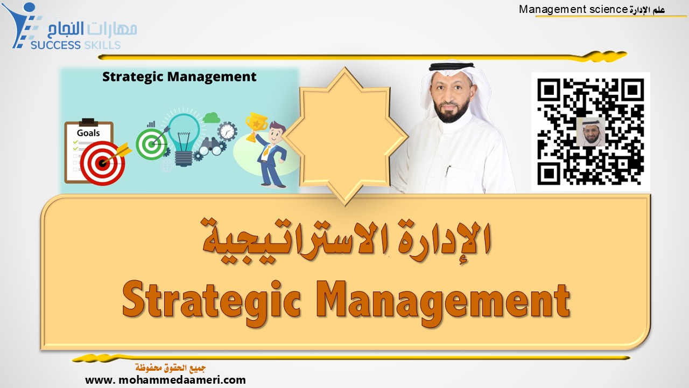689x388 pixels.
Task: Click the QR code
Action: [x=590, y=131]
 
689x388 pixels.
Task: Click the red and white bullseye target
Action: [x=103, y=162]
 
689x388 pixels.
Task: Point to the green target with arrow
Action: [x=151, y=143]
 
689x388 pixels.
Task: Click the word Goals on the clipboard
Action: [x=88, y=133]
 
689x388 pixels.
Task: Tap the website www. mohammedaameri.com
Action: [x=165, y=380]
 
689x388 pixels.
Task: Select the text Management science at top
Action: [x=573, y=9]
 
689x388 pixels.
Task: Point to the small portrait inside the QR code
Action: [x=590, y=132]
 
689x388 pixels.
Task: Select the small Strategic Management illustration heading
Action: [x=179, y=77]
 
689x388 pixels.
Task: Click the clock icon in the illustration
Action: [x=228, y=130]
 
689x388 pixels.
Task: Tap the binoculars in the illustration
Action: [x=210, y=145]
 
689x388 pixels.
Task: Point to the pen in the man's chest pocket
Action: [x=448, y=171]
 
